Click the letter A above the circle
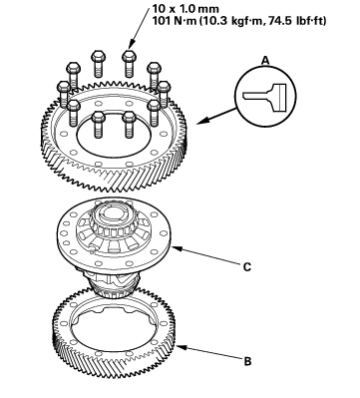click(265, 60)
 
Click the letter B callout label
click(247, 361)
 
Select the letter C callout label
click(247, 267)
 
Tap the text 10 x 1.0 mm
click(185, 8)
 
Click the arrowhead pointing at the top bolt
click(131, 44)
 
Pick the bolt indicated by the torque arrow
click(129, 63)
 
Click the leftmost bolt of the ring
click(64, 93)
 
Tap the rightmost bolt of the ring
click(164, 94)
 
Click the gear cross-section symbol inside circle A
click(264, 98)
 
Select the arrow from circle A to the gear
click(218, 116)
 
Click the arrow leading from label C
click(205, 256)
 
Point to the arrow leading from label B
click(209, 353)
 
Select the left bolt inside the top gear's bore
click(98, 125)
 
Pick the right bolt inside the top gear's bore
click(129, 125)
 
